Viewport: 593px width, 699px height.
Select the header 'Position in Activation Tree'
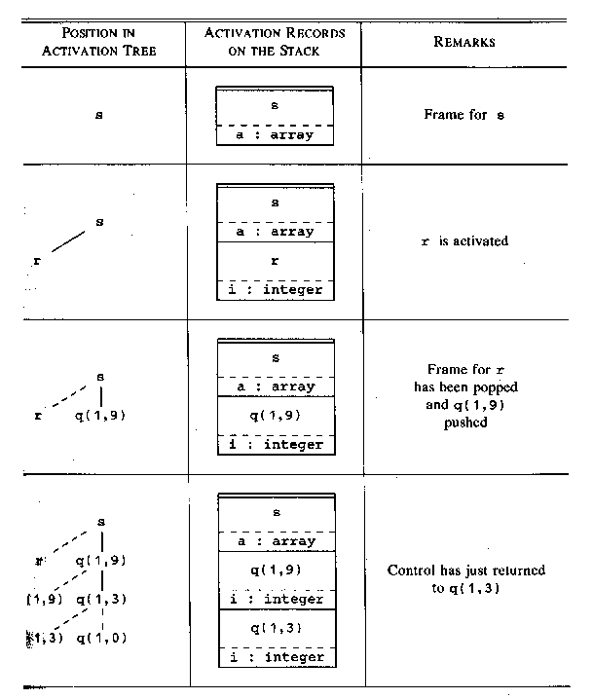(x=98, y=43)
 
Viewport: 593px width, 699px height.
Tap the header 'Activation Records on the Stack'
(x=275, y=43)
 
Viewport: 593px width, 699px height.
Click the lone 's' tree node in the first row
(x=99, y=115)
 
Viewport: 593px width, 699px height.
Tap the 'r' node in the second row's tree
(x=37, y=261)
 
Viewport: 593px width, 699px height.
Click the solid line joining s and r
(x=67, y=240)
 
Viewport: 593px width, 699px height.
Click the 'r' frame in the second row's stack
(x=275, y=262)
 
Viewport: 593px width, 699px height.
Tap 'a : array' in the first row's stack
(x=275, y=134)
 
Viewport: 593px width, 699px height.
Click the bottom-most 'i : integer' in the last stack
(x=275, y=657)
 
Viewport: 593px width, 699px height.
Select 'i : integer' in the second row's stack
(x=275, y=289)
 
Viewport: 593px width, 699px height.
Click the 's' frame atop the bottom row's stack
(x=275, y=512)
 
